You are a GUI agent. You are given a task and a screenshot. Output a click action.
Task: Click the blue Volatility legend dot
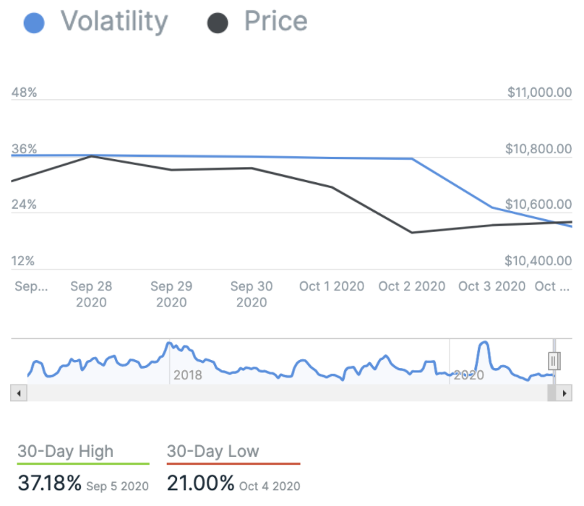(34, 23)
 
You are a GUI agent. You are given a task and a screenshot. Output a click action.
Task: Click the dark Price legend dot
(218, 23)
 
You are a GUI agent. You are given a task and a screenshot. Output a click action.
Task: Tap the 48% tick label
(24, 93)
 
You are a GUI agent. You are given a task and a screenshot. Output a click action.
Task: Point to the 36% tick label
(24, 149)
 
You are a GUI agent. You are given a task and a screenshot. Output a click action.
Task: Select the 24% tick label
(24, 205)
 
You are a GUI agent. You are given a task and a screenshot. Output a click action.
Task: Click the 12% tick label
(24, 261)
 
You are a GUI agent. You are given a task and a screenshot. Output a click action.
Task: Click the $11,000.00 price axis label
(539, 93)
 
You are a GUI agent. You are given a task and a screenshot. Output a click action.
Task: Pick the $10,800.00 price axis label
(539, 149)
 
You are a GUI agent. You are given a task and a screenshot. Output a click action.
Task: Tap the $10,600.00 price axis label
(539, 205)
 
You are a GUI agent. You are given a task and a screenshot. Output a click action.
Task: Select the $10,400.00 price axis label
(539, 261)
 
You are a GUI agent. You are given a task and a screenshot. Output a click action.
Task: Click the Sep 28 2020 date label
(91, 294)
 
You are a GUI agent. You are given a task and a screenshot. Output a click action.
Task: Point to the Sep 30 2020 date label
(252, 294)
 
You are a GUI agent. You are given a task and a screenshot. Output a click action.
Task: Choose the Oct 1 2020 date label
(332, 286)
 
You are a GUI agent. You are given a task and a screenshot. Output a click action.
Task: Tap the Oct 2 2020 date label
(412, 286)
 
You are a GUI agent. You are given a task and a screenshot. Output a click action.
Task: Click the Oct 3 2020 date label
(492, 286)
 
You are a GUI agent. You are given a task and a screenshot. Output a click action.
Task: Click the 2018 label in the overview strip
(188, 375)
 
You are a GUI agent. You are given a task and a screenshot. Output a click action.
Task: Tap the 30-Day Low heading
(212, 452)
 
